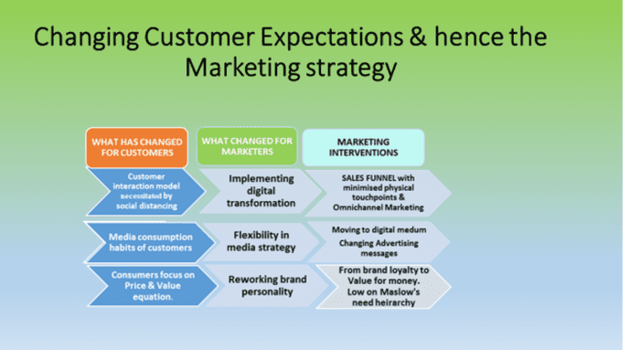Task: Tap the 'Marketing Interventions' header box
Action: click(363, 147)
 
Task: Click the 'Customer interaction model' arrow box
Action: click(142, 190)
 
